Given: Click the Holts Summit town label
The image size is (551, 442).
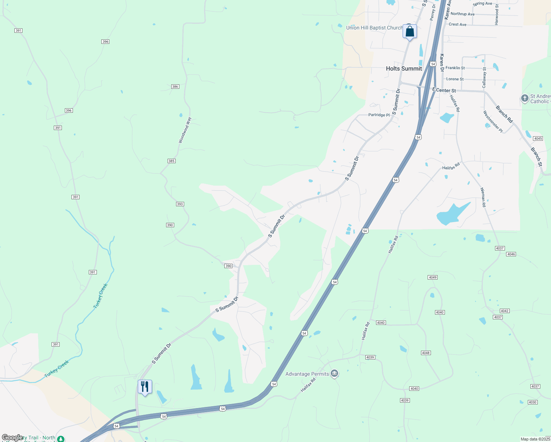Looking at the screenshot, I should pyautogui.click(x=404, y=69).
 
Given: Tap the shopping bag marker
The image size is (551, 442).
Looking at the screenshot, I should pyautogui.click(x=410, y=32).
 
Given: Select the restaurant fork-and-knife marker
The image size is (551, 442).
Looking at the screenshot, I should pyautogui.click(x=145, y=387).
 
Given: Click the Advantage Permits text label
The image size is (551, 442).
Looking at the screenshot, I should pyautogui.click(x=307, y=374).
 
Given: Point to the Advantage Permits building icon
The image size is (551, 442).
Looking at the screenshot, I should pyautogui.click(x=334, y=373).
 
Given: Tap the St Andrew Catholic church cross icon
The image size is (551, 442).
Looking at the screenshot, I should pyautogui.click(x=524, y=98).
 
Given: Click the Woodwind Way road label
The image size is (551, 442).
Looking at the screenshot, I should pyautogui.click(x=185, y=130).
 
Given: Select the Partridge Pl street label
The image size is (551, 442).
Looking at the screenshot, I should pyautogui.click(x=379, y=115).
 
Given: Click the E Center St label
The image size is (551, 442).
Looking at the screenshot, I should pyautogui.click(x=444, y=90).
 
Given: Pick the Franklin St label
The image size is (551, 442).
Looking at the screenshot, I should pyautogui.click(x=455, y=68).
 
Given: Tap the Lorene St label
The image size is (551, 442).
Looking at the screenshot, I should pyautogui.click(x=455, y=79).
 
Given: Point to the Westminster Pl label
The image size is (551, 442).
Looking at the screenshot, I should pyautogui.click(x=493, y=122).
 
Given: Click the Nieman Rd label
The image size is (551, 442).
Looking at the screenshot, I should pyautogui.click(x=483, y=197).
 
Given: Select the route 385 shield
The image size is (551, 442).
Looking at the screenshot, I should pyautogui.click(x=171, y=161).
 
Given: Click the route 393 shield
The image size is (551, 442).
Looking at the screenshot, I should pyautogui.click(x=180, y=204).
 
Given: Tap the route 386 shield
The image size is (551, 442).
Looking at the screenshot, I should pyautogui.click(x=175, y=87).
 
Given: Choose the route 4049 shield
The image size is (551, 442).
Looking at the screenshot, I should pyautogui.click(x=432, y=277).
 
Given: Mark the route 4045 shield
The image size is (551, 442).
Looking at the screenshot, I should pyautogui.click(x=538, y=138).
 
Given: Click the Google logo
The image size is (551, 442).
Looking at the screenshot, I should pyautogui.click(x=12, y=438).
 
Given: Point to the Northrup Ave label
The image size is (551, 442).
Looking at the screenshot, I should pyautogui.click(x=462, y=14).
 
